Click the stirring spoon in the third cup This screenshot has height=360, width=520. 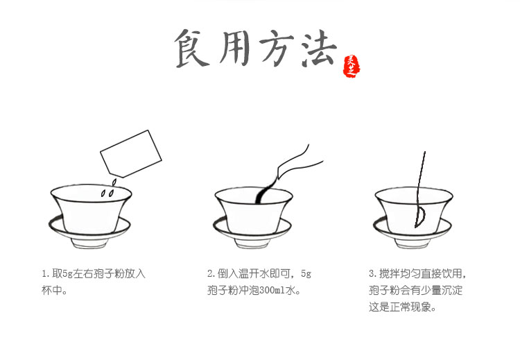tap(419, 187)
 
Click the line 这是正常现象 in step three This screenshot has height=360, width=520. tap(402, 307)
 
